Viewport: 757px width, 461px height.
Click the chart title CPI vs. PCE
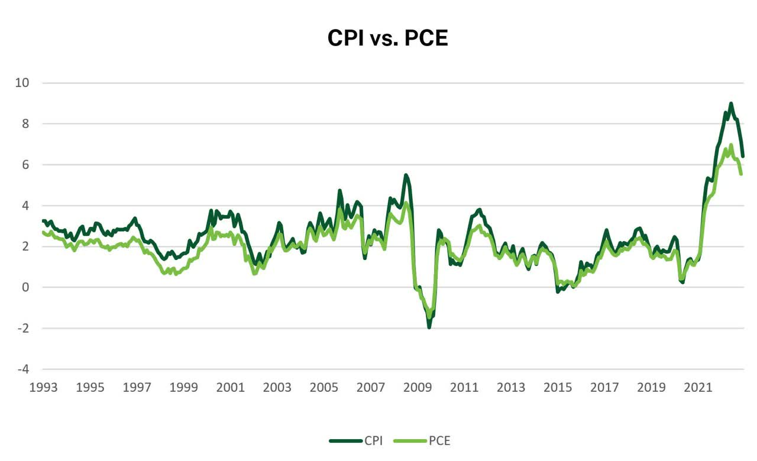tap(387, 38)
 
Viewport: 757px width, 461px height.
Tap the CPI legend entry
tap(356, 441)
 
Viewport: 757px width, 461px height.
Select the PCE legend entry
tap(422, 441)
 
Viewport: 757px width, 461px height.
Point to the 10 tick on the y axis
tap(22, 83)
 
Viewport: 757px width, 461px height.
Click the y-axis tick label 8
tap(25, 124)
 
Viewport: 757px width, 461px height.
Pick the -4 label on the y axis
tap(23, 369)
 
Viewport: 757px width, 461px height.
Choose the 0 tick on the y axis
tap(25, 287)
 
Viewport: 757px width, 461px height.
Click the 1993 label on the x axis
tap(43, 387)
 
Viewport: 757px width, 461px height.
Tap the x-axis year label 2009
tap(418, 387)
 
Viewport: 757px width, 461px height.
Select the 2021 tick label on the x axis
tap(698, 387)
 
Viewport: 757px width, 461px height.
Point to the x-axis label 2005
tap(323, 387)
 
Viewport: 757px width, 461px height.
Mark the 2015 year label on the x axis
tap(558, 387)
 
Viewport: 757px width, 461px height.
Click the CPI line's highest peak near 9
tap(731, 103)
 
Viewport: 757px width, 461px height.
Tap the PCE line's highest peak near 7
tap(731, 145)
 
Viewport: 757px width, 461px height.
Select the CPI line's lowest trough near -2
tap(429, 327)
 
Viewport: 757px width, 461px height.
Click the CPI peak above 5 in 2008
tap(406, 175)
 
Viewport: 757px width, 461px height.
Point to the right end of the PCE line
tap(741, 174)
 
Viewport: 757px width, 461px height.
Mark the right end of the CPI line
tap(743, 157)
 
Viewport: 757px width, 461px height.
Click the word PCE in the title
tap(426, 38)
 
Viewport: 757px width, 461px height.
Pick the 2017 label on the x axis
tap(604, 387)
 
